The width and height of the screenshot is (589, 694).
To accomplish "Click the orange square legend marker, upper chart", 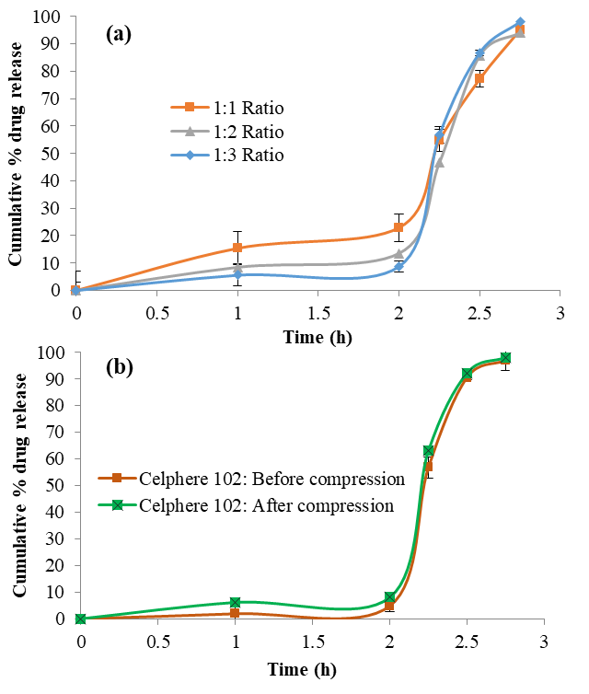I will pos(190,107).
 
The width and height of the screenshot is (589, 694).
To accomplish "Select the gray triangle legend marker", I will pos(190,131).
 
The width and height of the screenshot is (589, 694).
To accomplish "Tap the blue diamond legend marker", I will pos(190,155).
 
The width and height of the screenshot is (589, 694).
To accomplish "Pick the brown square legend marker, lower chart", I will pos(117,478).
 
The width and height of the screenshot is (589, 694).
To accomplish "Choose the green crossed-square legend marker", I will pos(117,504).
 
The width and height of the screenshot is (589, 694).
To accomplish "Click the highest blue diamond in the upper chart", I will pos(520,21).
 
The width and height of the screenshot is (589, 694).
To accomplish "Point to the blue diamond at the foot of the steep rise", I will pos(398,267).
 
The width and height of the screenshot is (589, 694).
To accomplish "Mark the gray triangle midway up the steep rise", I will pos(439,162).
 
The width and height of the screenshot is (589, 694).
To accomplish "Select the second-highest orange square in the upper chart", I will pos(479,78).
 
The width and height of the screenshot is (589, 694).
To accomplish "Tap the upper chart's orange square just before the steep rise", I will pos(398,227).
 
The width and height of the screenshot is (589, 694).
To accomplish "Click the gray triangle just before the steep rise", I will pos(398,253).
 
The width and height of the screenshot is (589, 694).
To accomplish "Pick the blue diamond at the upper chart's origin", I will pos(75,290).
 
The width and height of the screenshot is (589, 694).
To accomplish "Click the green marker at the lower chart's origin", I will pos(80,619).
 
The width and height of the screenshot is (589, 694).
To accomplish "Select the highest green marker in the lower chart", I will pos(505,357).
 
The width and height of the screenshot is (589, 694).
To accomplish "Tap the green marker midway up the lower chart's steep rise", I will pos(429,450).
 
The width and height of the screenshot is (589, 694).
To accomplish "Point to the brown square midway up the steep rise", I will pos(427,466).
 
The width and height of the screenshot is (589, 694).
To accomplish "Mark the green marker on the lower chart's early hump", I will pos(235,602).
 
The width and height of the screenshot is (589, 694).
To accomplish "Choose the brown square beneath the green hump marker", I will pos(235,613).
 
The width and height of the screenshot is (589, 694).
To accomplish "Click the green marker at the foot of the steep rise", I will pos(389,597).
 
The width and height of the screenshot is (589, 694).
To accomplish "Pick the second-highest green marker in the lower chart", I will pos(467,374).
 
